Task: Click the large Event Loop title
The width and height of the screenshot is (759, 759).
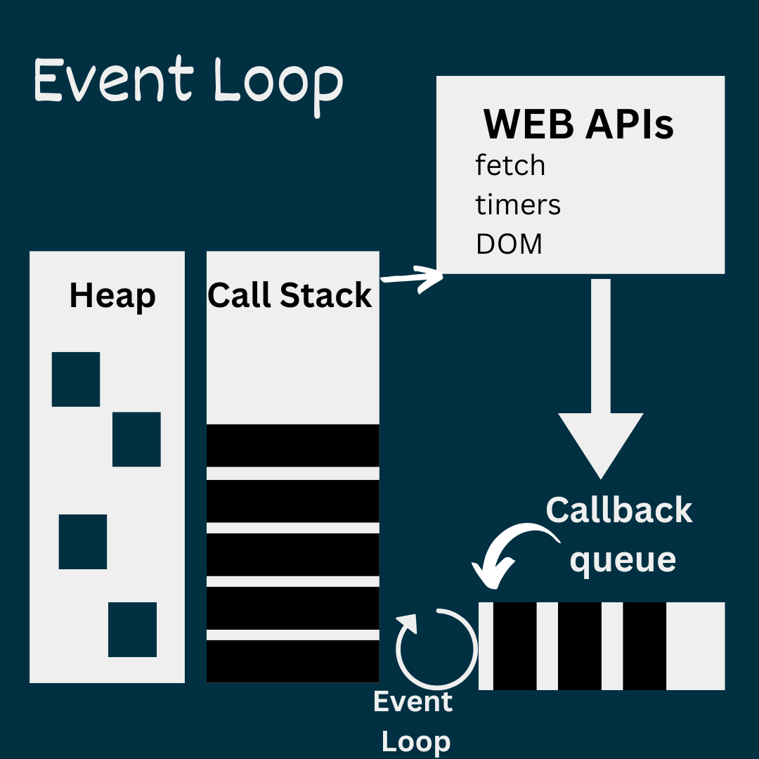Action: (x=188, y=83)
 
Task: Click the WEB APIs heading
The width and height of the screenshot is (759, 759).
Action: (x=578, y=125)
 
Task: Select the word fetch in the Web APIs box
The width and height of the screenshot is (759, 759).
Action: (x=510, y=166)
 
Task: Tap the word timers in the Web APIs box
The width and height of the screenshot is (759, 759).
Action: (x=518, y=205)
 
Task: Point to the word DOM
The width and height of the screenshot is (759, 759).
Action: (x=509, y=245)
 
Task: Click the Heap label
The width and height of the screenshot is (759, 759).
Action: (x=112, y=296)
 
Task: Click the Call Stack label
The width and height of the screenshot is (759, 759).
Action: (x=290, y=295)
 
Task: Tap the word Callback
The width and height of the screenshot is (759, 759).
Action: (x=619, y=510)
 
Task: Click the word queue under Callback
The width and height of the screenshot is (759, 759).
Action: (x=623, y=560)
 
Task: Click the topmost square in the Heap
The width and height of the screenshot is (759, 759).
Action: (x=76, y=379)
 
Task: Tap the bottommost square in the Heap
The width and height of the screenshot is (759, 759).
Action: (x=132, y=630)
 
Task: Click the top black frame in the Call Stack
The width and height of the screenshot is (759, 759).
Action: (x=292, y=445)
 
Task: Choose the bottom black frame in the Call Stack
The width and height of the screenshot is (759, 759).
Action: (x=292, y=661)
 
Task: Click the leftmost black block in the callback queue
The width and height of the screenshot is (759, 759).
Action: (x=514, y=646)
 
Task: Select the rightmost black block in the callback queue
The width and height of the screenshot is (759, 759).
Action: (x=644, y=646)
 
